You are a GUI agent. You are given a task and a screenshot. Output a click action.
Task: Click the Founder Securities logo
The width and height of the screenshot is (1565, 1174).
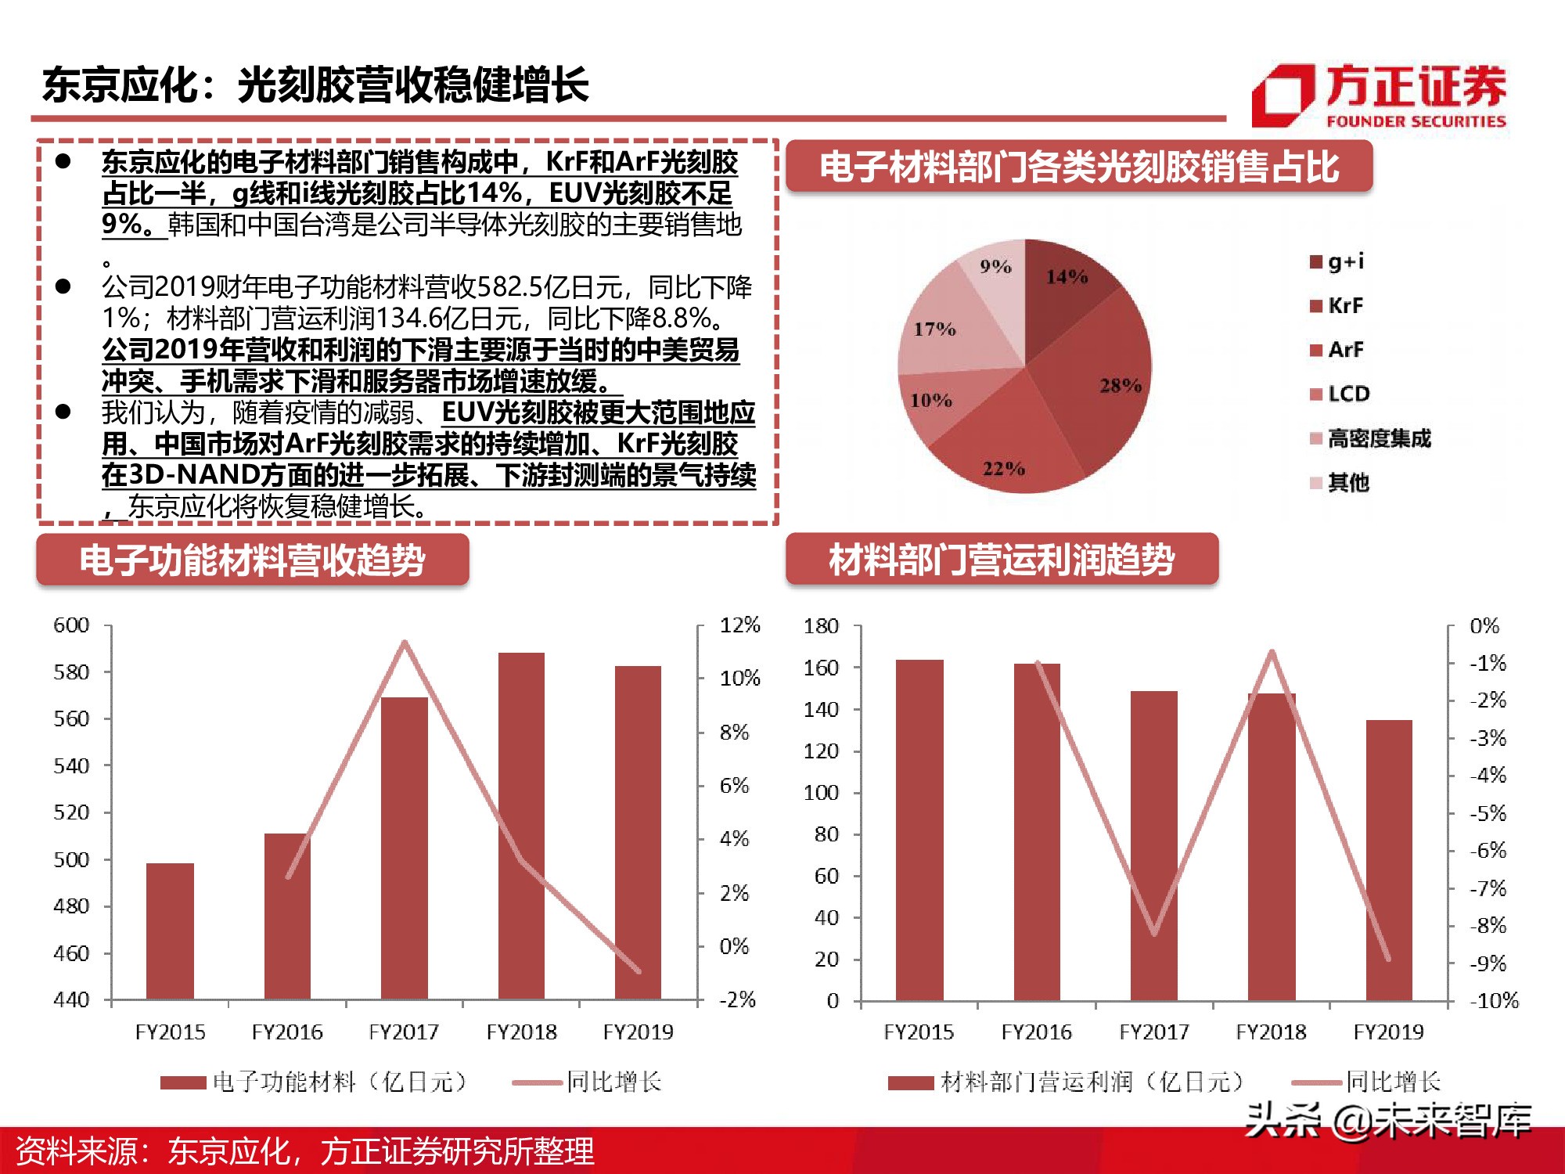coord(1379,95)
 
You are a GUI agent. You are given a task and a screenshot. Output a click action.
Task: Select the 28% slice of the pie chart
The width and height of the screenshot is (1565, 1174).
coord(1095,376)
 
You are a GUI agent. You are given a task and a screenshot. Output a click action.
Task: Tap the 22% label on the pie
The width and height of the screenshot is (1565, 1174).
coord(1004,469)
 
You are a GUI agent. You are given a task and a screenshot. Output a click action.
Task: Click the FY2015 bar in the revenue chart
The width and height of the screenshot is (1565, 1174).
coord(170,931)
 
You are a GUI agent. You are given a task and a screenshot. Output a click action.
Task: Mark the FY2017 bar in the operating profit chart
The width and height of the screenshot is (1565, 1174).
coord(1153,845)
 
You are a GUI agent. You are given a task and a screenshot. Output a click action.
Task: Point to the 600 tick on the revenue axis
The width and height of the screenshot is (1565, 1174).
coord(71,625)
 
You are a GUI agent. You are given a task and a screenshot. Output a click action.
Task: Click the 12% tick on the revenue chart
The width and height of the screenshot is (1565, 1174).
coord(739,625)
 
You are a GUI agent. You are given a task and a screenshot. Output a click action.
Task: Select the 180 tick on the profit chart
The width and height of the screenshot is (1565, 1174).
coord(821,626)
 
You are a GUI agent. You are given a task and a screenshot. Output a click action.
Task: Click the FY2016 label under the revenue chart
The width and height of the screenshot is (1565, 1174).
coord(286,1032)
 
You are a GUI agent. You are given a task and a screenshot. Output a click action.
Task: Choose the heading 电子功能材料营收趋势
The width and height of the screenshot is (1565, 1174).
coord(252,560)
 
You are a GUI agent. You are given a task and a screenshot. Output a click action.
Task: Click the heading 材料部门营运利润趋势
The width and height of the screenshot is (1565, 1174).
coord(1002,560)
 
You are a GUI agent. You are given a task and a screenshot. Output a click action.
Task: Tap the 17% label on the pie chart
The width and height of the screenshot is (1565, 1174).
coord(935,329)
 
